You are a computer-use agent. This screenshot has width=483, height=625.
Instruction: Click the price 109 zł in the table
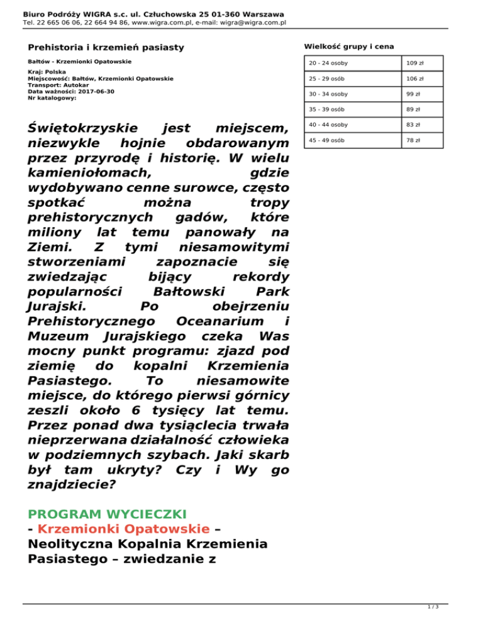tap(414, 64)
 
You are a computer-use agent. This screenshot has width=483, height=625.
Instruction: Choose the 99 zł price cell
tap(413, 94)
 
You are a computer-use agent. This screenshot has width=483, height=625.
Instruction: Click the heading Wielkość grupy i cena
tap(349, 45)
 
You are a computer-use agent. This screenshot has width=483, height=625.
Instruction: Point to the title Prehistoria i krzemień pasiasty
tap(106, 47)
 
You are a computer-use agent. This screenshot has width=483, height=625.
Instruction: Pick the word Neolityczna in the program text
tap(67, 543)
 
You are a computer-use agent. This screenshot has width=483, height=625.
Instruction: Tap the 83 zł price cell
tap(413, 125)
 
